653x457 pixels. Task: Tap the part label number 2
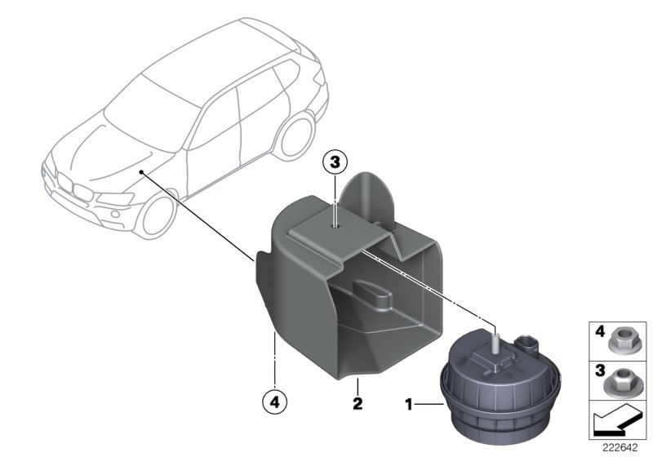[357, 402]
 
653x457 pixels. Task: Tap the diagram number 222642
[622, 447]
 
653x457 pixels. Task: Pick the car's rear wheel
[294, 137]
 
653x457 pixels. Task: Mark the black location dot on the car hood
[141, 172]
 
